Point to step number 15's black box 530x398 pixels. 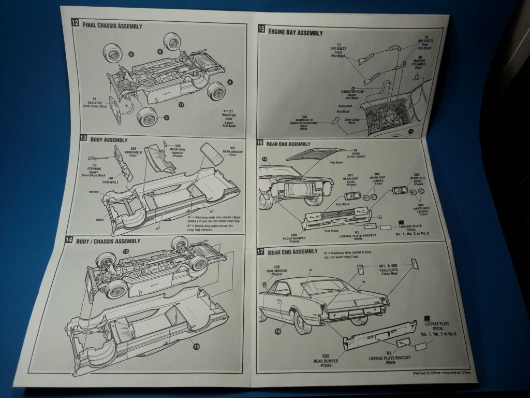point(261,30)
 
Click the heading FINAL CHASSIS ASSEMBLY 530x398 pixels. point(112,25)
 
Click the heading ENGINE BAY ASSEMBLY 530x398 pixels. point(295,33)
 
